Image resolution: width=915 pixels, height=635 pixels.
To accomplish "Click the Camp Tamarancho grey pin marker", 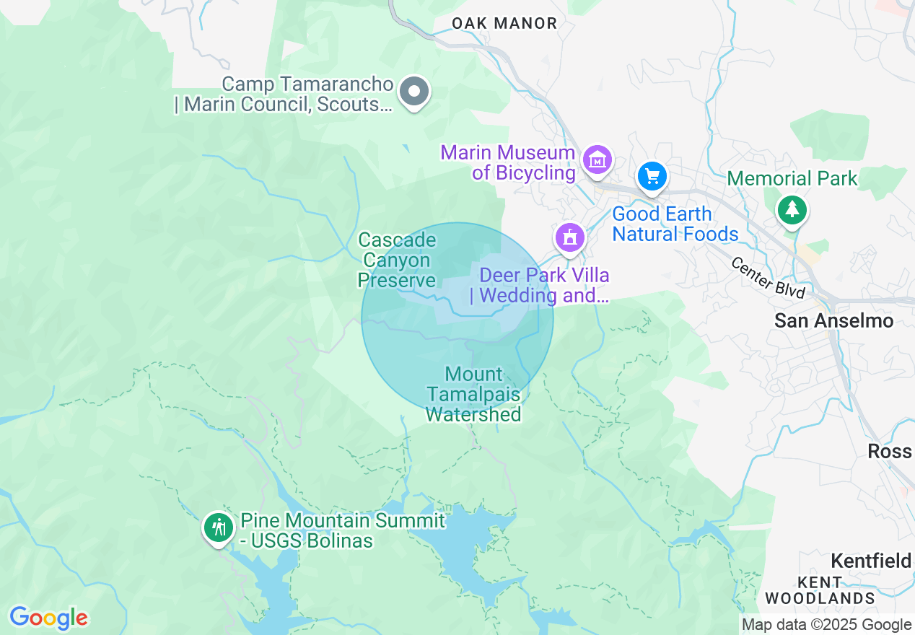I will pyautogui.click(x=414, y=92).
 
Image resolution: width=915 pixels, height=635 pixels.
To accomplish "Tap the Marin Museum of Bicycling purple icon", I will pyautogui.click(x=599, y=159).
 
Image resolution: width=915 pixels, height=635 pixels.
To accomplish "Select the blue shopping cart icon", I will pyautogui.click(x=652, y=175).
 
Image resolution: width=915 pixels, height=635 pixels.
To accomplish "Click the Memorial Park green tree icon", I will pyautogui.click(x=792, y=209).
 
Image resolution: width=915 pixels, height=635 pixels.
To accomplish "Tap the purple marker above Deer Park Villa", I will pyautogui.click(x=569, y=237).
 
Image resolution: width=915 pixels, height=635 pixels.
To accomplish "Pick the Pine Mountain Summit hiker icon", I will pyautogui.click(x=218, y=527).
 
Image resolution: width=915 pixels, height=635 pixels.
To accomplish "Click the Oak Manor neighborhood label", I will pyautogui.click(x=504, y=23).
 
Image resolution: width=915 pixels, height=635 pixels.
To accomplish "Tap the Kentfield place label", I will pyautogui.click(x=872, y=561).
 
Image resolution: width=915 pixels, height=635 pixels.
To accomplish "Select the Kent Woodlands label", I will pyautogui.click(x=820, y=590).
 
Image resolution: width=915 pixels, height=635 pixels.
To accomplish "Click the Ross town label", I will pyautogui.click(x=889, y=451).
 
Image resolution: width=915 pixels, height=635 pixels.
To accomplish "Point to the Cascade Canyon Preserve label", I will pyautogui.click(x=397, y=260).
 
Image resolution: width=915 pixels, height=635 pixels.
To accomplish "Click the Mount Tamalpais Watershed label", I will pyautogui.click(x=473, y=394).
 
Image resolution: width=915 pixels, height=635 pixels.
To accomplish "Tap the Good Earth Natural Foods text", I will pyautogui.click(x=675, y=224).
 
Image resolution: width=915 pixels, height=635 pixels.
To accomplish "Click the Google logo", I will pyautogui.click(x=48, y=618).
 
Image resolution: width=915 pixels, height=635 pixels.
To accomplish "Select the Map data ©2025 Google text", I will pyautogui.click(x=826, y=625).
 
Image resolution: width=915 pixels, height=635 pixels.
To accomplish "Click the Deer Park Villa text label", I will pyautogui.click(x=543, y=285).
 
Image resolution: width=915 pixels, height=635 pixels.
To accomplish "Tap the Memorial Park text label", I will pyautogui.click(x=792, y=178).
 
